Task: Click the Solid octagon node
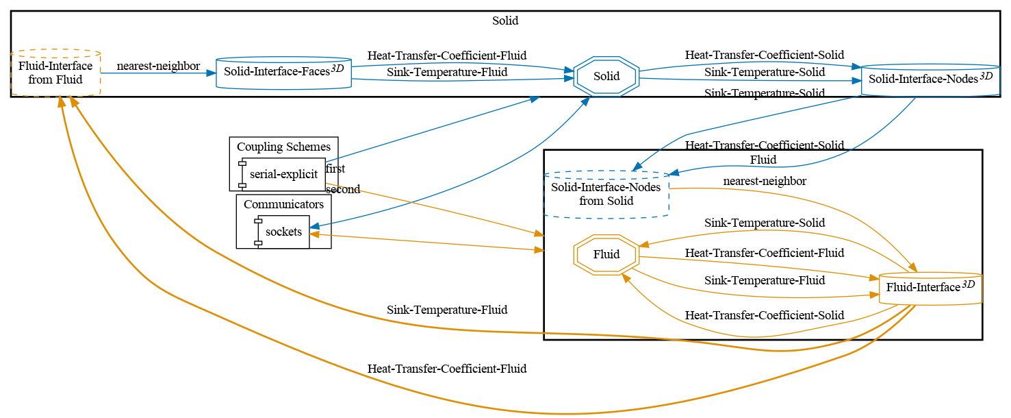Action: [606, 76]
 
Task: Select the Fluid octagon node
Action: [606, 254]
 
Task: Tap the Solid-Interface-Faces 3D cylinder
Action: [283, 73]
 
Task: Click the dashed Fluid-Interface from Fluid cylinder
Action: [55, 73]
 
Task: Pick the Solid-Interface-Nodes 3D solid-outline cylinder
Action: [930, 80]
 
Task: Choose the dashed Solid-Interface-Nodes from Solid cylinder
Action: [606, 195]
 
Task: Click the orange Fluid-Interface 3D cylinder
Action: [930, 288]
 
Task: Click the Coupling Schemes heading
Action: [283, 147]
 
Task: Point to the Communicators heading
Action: [283, 204]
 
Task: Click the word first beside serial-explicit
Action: [335, 169]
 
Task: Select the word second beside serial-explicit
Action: [343, 189]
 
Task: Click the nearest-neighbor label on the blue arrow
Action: [158, 66]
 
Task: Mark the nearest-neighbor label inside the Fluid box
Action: [765, 181]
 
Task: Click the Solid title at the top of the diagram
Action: [505, 21]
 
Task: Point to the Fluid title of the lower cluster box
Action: [763, 160]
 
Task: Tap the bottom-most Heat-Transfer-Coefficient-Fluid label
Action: [446, 369]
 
